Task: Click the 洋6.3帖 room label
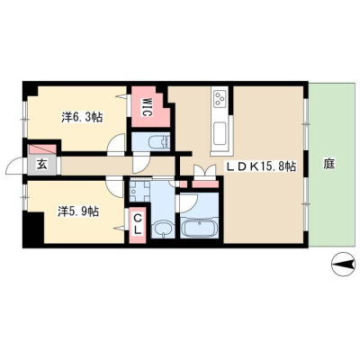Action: [82, 117]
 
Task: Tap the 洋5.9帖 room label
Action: [78, 211]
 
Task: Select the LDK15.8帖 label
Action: [261, 166]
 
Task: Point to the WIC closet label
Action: [146, 106]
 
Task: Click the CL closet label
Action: [138, 224]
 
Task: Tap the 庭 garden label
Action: [329, 164]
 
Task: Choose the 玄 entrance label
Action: [41, 165]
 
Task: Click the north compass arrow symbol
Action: [343, 265]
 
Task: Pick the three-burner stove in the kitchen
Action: [220, 98]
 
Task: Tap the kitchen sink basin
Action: [220, 132]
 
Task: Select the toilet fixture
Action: [158, 141]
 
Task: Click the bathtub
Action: [200, 227]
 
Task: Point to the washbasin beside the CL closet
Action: [163, 229]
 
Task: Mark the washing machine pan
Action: [139, 191]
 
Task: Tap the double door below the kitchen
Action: [205, 173]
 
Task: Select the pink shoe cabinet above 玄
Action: [42, 149]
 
